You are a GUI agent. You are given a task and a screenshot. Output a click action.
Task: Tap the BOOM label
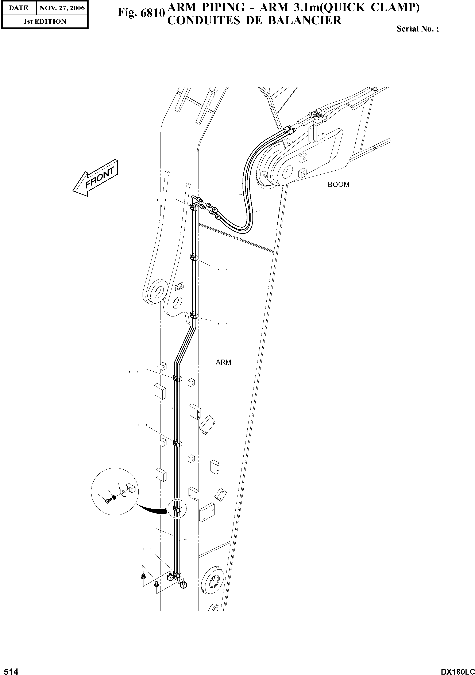pyautogui.click(x=338, y=185)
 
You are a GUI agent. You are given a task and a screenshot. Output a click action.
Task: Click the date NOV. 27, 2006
pyautogui.click(x=62, y=8)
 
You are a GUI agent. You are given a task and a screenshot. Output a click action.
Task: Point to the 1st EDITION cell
pyautogui.click(x=45, y=22)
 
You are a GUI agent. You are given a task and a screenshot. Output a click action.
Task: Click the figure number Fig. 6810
pyautogui.click(x=140, y=13)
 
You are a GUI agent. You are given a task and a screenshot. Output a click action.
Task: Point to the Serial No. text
pyautogui.click(x=417, y=29)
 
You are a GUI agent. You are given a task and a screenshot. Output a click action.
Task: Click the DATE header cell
pyautogui.click(x=19, y=8)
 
